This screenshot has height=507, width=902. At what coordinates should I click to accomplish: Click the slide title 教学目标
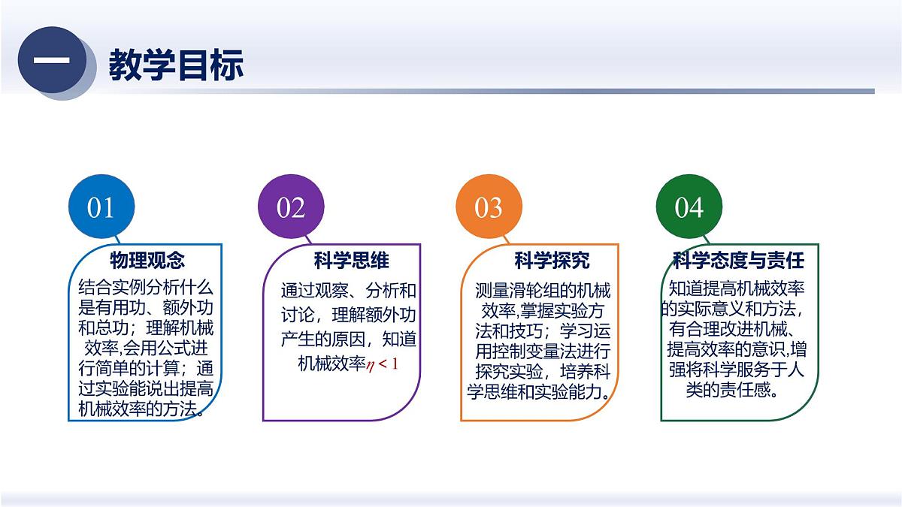176,65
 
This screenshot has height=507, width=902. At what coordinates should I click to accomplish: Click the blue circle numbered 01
101,207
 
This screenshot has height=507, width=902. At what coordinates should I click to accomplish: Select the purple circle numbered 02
291,207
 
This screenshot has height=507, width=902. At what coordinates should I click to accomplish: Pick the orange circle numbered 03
489,207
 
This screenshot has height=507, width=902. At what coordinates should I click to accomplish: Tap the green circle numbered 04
689,207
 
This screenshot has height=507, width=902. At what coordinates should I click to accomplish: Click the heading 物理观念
147,261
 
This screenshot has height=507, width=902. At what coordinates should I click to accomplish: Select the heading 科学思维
351,261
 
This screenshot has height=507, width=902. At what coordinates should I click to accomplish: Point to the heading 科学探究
552,261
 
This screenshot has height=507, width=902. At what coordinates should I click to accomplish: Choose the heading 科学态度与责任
738,261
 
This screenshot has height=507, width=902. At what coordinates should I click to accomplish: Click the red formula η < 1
383,364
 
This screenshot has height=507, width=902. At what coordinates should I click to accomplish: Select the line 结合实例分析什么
146,287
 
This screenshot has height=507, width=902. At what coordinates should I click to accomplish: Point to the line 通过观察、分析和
348,291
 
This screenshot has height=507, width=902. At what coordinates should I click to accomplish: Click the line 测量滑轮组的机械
543,291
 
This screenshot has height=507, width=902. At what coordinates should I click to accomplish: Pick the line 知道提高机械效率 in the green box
737,288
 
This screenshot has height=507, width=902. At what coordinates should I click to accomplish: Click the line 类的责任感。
731,391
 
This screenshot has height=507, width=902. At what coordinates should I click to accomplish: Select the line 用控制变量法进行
543,351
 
